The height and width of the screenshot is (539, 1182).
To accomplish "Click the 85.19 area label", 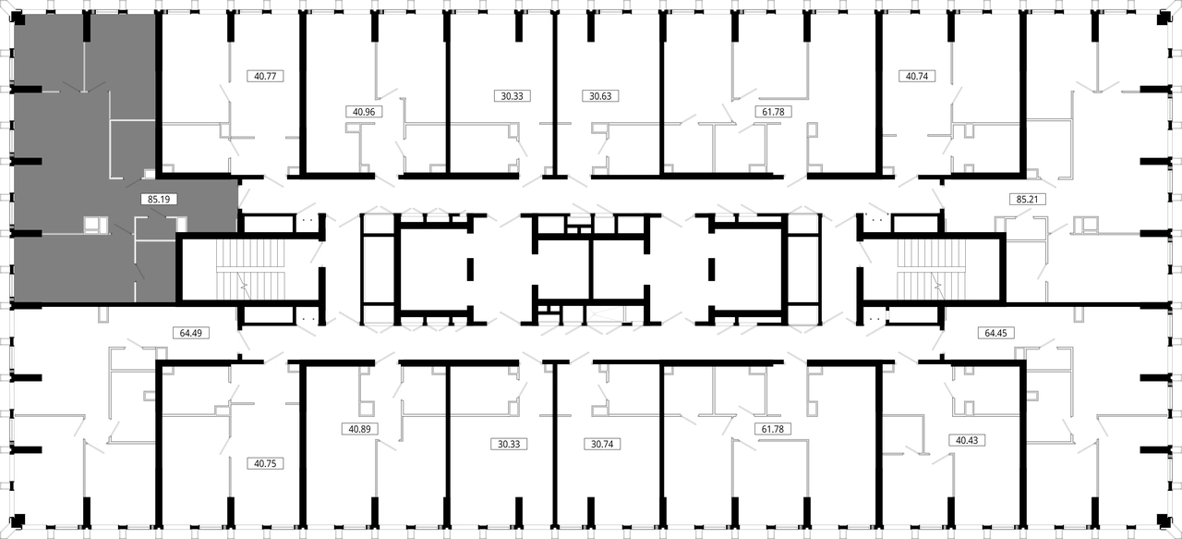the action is click(x=159, y=199).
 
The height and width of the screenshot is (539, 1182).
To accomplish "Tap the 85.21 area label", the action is click(x=1027, y=199).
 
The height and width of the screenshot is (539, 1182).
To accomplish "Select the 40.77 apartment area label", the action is click(x=265, y=76).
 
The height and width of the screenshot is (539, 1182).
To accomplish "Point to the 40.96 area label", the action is click(x=364, y=112).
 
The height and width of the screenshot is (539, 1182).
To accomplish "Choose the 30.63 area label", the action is click(x=600, y=96).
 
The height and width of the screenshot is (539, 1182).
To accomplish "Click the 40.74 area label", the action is click(x=917, y=76).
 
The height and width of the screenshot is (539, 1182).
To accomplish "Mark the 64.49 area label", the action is click(x=191, y=333).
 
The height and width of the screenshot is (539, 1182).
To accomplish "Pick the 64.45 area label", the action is click(x=995, y=333).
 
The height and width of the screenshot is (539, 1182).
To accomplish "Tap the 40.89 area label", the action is click(x=359, y=429).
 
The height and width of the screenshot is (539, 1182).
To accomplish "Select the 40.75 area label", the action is click(x=265, y=463).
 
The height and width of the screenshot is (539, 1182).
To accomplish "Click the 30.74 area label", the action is click(x=602, y=444).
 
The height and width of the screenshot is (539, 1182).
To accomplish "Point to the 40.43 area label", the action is click(x=967, y=440).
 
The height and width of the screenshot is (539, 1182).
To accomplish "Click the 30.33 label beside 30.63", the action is click(x=512, y=96).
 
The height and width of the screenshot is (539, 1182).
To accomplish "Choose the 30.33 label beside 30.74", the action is click(x=509, y=444).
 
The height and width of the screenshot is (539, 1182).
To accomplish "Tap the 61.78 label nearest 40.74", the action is click(x=773, y=112).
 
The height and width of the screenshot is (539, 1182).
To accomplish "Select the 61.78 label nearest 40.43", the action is click(x=773, y=429).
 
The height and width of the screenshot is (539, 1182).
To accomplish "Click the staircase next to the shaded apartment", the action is click(x=250, y=270).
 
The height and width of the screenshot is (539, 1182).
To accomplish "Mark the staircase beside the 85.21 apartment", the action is click(x=932, y=270).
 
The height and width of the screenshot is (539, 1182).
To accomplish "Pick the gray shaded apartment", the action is click(x=84, y=158).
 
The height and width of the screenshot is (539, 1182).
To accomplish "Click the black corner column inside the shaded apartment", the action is click(x=18, y=20).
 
